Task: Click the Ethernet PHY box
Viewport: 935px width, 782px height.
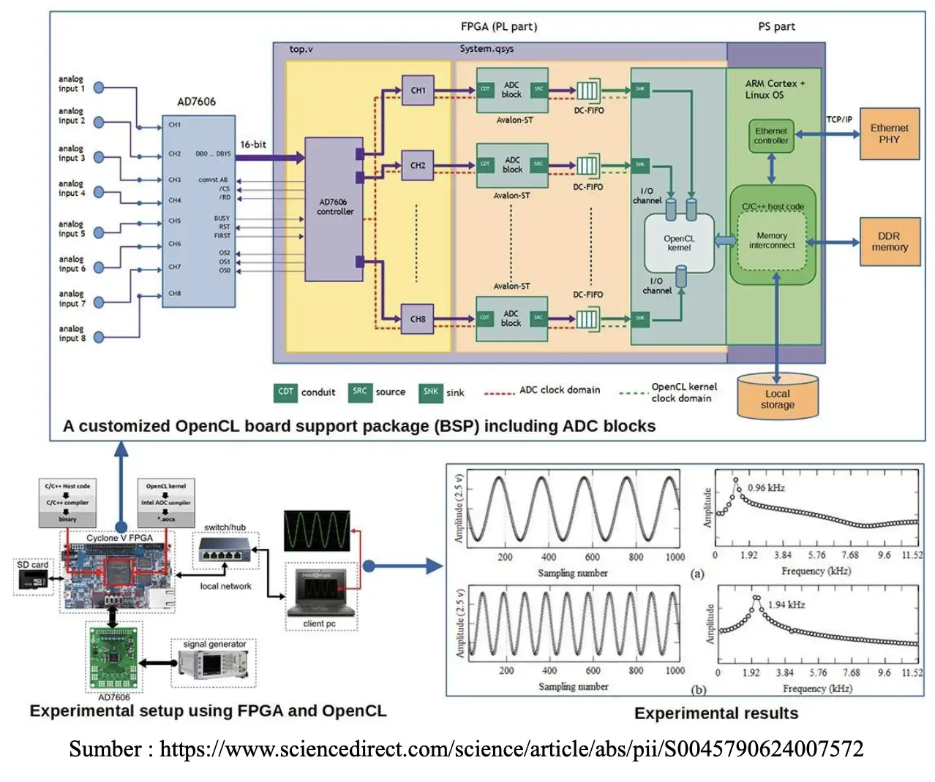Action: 889,134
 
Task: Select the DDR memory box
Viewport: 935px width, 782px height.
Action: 889,242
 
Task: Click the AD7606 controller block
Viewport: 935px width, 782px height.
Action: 334,206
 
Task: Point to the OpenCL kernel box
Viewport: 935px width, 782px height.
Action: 679,243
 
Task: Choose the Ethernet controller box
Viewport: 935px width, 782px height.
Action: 771,136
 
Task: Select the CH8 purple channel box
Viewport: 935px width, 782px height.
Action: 418,319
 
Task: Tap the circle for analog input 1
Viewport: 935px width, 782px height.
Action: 99,88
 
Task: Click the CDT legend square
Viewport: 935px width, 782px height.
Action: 285,392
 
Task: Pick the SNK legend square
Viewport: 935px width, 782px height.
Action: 431,392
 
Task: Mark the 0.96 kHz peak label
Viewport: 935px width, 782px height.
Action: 766,487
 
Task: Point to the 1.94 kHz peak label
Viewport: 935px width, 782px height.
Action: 786,604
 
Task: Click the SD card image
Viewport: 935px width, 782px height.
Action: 34,581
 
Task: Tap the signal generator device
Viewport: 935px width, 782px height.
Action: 214,664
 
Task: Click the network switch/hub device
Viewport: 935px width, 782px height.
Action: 225,550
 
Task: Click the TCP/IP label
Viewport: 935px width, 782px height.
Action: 839,119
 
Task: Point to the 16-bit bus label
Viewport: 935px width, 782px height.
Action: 253,145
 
